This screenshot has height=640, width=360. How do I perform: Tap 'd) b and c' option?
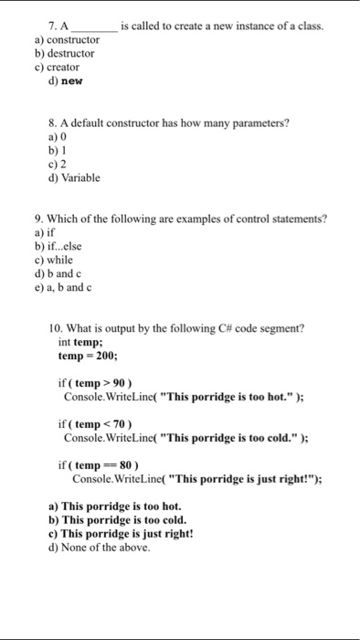point(61,272)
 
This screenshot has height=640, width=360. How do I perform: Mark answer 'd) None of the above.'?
point(100,547)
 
